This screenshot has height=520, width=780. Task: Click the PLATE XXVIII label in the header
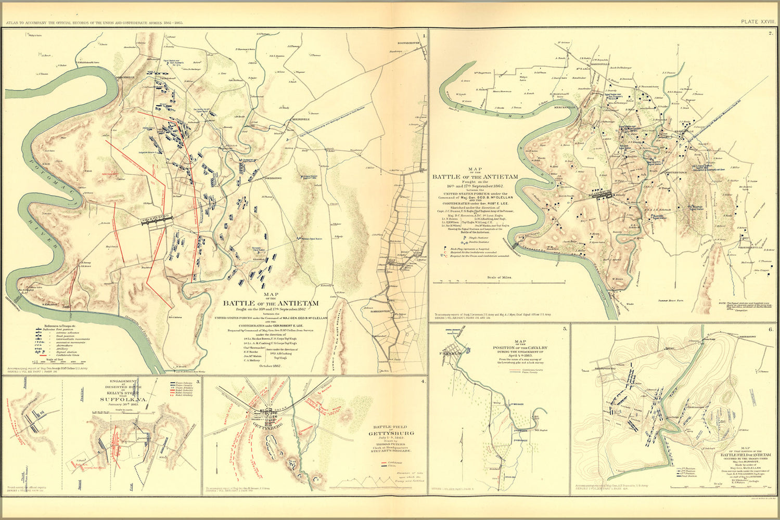[758, 21]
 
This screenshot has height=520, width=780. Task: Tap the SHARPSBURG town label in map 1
[156, 220]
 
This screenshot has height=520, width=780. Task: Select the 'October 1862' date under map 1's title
[270, 366]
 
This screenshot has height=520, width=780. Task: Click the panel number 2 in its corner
[770, 34]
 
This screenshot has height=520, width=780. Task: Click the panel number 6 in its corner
[770, 330]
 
